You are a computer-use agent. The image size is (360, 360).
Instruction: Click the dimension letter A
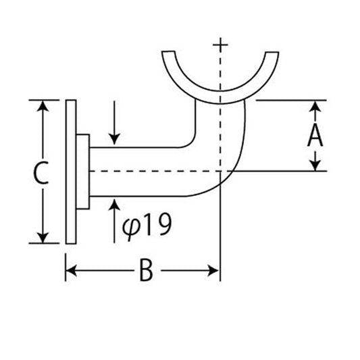pos(315,136)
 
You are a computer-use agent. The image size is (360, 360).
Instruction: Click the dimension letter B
pos(146,270)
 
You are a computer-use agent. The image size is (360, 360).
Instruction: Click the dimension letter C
pos(41,172)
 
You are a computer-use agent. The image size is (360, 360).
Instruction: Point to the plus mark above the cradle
pos(220,45)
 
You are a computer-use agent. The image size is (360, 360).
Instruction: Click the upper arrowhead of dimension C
pos(43,106)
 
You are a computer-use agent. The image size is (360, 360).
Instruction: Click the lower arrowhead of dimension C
pos(43,238)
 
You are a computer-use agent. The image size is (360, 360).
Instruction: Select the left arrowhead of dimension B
pos(71,270)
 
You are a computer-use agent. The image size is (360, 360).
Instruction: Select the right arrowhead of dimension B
pos(213,270)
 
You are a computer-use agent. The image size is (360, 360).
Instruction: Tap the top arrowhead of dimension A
pos(315,106)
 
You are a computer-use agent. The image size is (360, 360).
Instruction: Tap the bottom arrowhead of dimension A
pos(315,165)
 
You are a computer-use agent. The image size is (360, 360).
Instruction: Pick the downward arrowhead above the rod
pos(114,139)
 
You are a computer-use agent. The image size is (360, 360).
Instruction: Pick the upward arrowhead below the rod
pos(114,205)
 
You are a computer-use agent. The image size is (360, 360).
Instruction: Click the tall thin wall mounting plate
pos(71,172)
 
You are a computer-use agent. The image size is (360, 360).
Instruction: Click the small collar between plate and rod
pos(82,172)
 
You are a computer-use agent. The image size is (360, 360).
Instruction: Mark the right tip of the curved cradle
pos(272,53)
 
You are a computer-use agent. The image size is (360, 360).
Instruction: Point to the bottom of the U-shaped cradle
pos(220,97)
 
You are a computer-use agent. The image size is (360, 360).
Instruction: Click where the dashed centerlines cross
pos(220,171)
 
